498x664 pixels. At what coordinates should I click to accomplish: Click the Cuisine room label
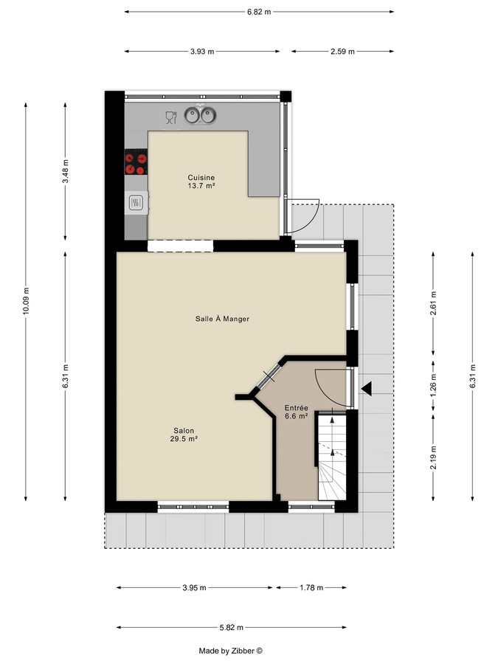201,177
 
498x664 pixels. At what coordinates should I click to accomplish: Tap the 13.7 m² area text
201,186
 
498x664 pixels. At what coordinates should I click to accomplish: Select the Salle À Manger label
222,319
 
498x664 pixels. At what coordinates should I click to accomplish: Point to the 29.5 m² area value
184,438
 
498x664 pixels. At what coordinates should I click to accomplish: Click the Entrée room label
296,407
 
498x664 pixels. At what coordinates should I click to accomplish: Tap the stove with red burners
135,163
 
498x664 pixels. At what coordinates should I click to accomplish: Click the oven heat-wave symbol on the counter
136,201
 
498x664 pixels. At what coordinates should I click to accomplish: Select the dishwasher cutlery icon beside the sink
170,117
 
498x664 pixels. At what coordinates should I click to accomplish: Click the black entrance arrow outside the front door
367,388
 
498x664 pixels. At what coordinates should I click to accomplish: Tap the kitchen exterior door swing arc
304,214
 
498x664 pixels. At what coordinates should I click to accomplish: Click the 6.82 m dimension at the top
258,12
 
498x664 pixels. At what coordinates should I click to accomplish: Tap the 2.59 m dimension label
342,52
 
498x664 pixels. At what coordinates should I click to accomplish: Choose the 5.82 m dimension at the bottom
231,628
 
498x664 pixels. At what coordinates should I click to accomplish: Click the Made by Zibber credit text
230,651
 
